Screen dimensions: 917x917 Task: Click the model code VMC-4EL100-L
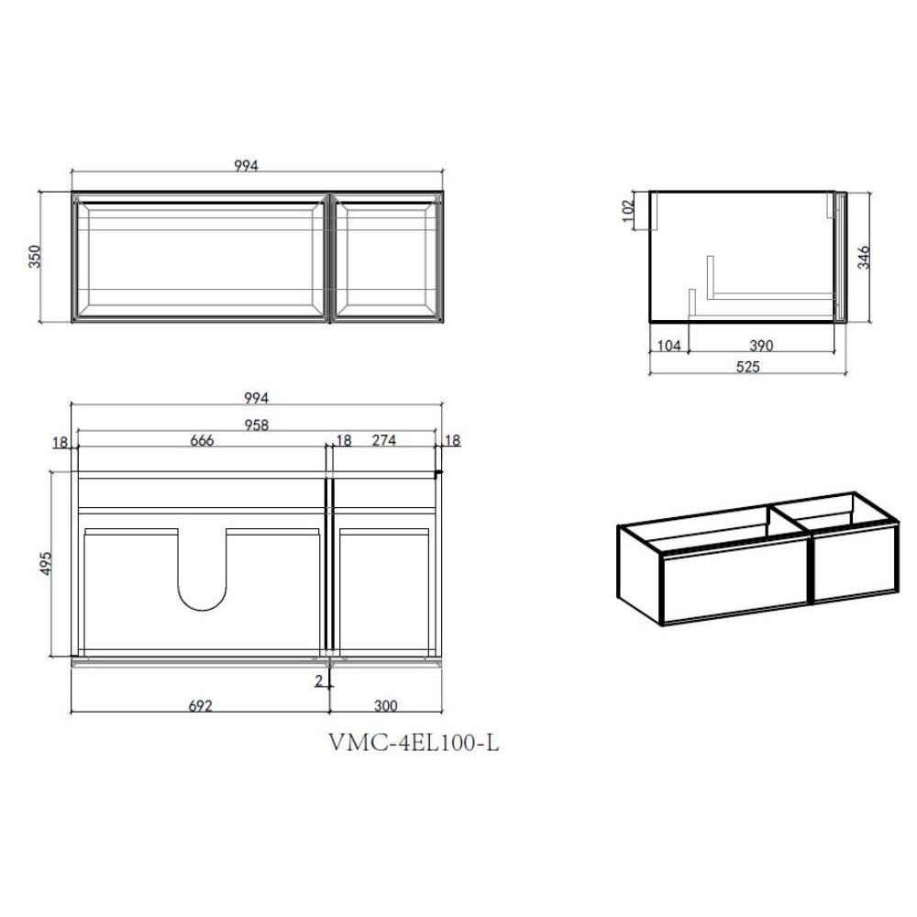pyautogui.click(x=414, y=743)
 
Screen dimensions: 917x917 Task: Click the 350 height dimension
pyautogui.click(x=35, y=257)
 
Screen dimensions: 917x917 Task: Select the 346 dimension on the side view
pyautogui.click(x=863, y=258)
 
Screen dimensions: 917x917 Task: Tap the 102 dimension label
pyautogui.click(x=628, y=211)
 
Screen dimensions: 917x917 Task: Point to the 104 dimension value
pyautogui.click(x=669, y=346)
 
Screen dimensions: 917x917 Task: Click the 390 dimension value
pyautogui.click(x=761, y=346)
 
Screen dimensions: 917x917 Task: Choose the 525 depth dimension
pyautogui.click(x=747, y=367)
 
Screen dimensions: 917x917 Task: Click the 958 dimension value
pyautogui.click(x=256, y=425)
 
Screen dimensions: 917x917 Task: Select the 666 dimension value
pyautogui.click(x=202, y=440)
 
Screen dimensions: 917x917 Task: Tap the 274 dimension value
pyautogui.click(x=384, y=440)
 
